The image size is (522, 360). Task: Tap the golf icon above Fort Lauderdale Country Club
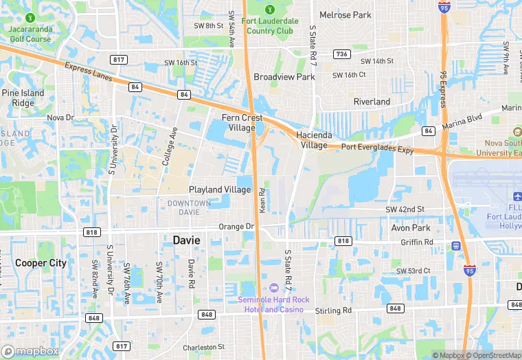pos(269,9)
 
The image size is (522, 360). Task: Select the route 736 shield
pos(341,54)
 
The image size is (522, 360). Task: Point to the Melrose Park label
pos(345,14)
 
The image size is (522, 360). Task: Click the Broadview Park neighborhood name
pos(284,77)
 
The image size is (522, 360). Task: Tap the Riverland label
pos(372,102)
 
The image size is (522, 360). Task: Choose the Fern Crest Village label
pos(242,122)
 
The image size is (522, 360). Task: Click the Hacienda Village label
pos(312,140)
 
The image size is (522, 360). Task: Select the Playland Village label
pos(220,189)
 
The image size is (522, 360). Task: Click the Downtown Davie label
pos(189,207)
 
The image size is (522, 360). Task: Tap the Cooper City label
pos(41,262)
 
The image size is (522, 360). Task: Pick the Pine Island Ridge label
pos(23,98)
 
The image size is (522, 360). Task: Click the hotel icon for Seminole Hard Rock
pos(274,287)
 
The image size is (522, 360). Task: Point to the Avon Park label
pos(410,228)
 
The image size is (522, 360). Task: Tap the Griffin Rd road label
pos(418,242)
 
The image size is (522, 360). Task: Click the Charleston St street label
pos(203,347)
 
